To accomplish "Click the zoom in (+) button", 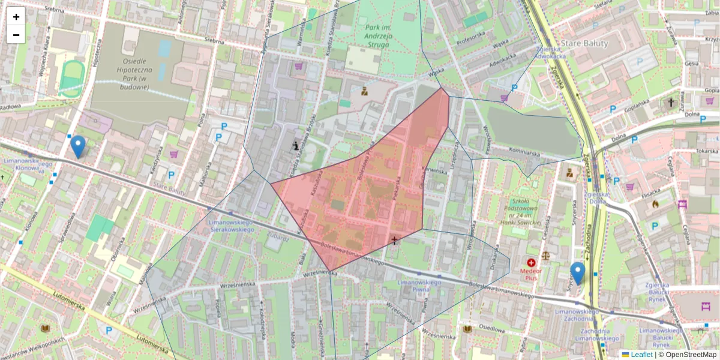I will click(16, 17).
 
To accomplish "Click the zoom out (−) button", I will click(16, 35).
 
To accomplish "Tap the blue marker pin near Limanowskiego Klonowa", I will click(78, 146).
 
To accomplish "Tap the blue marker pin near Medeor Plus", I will click(577, 272).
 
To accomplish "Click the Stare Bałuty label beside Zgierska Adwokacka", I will click(584, 43).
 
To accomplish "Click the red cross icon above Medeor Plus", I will click(531, 263).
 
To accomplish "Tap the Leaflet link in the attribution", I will click(641, 355).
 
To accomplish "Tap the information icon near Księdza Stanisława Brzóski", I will click(295, 145).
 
